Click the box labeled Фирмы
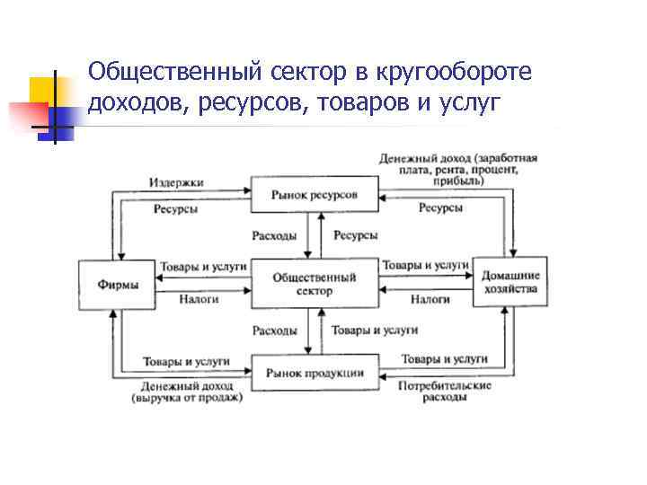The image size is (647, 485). pos(118,285)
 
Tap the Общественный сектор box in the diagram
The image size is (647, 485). pos(313,285)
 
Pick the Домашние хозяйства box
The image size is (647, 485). pos(510,283)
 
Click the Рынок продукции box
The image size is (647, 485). pos(313,373)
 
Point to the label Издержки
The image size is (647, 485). pos(176,182)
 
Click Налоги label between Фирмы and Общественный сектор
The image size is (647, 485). pos(199,298)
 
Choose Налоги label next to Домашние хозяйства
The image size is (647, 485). pos(430,298)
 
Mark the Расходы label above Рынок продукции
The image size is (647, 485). pos(274,331)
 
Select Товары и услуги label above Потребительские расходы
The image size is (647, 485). pos(444,358)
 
